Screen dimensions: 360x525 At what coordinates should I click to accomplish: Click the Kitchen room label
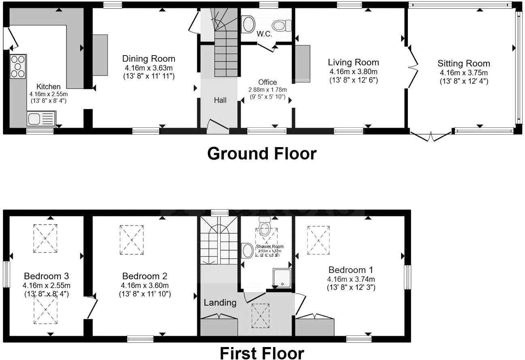(48, 87)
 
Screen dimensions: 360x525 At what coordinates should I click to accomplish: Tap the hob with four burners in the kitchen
(18, 66)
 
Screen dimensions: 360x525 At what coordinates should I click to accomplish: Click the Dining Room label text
(149, 59)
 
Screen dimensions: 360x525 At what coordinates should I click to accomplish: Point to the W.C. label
(264, 34)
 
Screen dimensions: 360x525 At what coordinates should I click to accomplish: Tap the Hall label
(220, 100)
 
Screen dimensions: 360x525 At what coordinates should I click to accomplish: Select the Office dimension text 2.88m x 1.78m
(267, 90)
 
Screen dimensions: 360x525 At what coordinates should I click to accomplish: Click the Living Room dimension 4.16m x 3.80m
(353, 72)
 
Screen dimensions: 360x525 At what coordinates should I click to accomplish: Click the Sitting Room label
(463, 64)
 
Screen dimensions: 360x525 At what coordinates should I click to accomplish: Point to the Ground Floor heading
(262, 154)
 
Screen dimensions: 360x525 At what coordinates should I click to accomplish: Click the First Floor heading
(262, 353)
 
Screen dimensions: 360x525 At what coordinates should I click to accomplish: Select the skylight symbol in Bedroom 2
(132, 240)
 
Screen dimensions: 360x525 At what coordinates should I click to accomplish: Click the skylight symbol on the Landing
(260, 315)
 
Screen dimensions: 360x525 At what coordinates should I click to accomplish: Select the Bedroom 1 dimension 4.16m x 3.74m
(351, 279)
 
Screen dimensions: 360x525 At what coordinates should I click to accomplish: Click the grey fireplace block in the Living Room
(302, 64)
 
